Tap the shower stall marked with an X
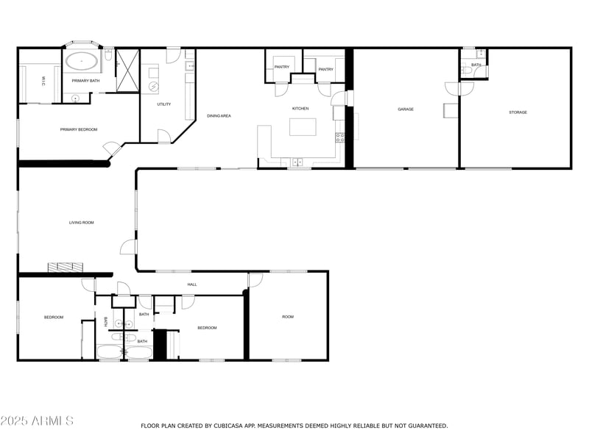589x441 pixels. (x=127, y=71)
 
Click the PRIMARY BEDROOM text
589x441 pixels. (x=79, y=129)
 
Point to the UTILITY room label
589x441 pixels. (x=164, y=104)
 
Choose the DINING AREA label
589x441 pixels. (x=219, y=116)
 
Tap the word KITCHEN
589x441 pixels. (x=300, y=109)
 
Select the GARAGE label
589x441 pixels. (x=406, y=110)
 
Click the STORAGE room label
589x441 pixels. (x=518, y=112)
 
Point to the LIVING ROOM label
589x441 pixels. (x=82, y=222)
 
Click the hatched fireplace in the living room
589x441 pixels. (x=66, y=267)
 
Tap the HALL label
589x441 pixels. (x=192, y=284)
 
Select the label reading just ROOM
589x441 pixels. (x=288, y=317)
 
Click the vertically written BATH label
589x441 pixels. (x=107, y=321)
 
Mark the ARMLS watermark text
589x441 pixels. (x=37, y=421)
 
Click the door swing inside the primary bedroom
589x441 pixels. (x=112, y=149)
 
